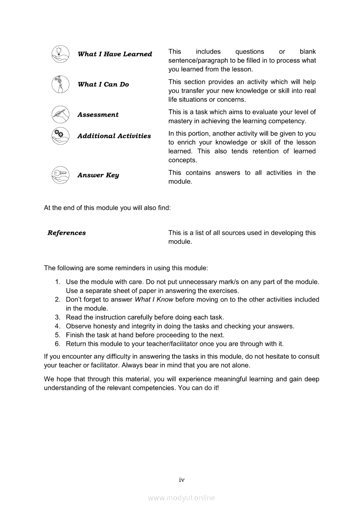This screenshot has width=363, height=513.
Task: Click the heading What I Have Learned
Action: pyautogui.click(x=115, y=54)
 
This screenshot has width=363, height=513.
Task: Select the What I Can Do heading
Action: pyautogui.click(x=103, y=84)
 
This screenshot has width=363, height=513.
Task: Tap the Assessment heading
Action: pyautogui.click(x=98, y=115)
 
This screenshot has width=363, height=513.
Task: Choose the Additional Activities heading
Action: pyautogui.click(x=114, y=136)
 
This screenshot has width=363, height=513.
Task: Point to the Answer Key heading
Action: pyautogui.click(x=98, y=175)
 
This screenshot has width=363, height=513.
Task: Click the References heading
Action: pyautogui.click(x=67, y=233)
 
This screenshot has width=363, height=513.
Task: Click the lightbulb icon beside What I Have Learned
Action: pyautogui.click(x=60, y=54)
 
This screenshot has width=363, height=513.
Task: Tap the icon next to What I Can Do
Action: pyautogui.click(x=60, y=84)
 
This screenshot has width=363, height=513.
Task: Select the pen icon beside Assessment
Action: pyautogui.click(x=60, y=114)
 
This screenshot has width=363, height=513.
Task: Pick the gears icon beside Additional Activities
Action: pyautogui.click(x=60, y=136)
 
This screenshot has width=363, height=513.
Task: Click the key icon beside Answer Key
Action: pyautogui.click(x=60, y=175)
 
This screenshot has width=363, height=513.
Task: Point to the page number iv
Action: pyautogui.click(x=181, y=480)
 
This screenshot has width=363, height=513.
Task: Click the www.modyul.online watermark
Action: pyautogui.click(x=181, y=498)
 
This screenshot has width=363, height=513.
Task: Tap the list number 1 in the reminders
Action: pyautogui.click(x=58, y=282)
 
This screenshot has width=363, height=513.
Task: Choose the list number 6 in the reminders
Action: pyautogui.click(x=58, y=344)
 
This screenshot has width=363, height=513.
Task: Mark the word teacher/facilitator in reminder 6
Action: pyautogui.click(x=162, y=344)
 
